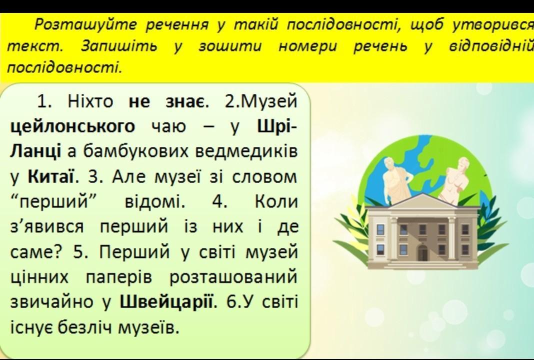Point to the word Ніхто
[90, 101]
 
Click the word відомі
[155, 202]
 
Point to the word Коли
[276, 202]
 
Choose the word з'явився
[47, 227]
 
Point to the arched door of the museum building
[422, 252]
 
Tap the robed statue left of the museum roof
[397, 181]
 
